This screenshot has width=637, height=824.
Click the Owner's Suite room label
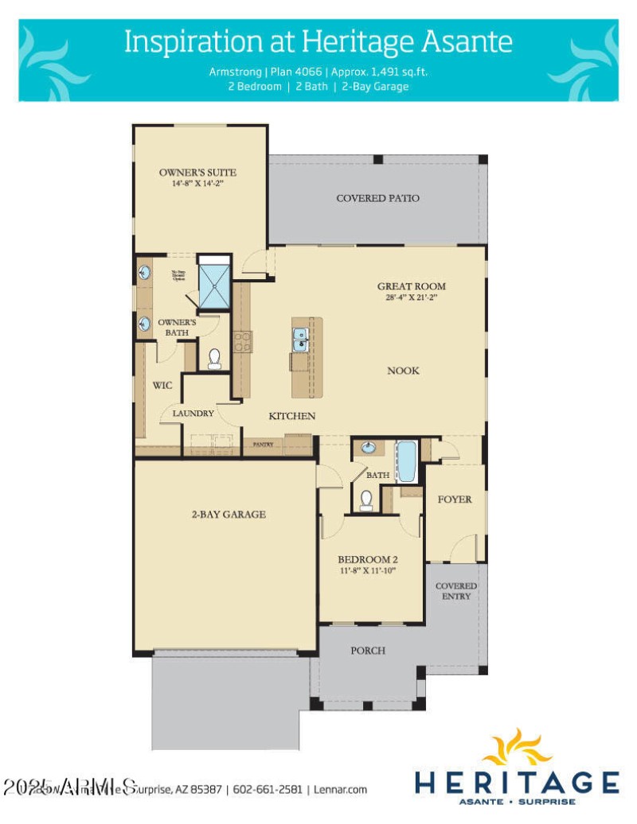pos(197,173)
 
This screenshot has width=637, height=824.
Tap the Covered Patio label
pos(377,198)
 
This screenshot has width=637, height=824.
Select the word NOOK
pos(403,371)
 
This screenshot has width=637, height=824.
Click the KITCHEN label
pos(291,416)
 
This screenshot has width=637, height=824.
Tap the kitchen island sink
pos(302,340)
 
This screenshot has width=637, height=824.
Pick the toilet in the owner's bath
pos(213,360)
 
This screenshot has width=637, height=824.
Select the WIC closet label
pos(162,385)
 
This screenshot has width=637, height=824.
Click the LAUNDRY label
pos(193,414)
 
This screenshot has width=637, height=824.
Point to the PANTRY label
pos(264,444)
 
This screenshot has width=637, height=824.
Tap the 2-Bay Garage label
pos(228,515)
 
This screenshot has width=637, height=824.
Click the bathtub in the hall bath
pos(406,462)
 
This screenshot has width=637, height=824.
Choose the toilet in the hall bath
pos(365,499)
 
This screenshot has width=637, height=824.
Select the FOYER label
pos(455,499)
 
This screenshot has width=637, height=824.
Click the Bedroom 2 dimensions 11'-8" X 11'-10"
pos(367,570)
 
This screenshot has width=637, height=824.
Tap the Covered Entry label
pos(455,591)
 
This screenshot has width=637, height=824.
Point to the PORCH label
pos(368,651)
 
